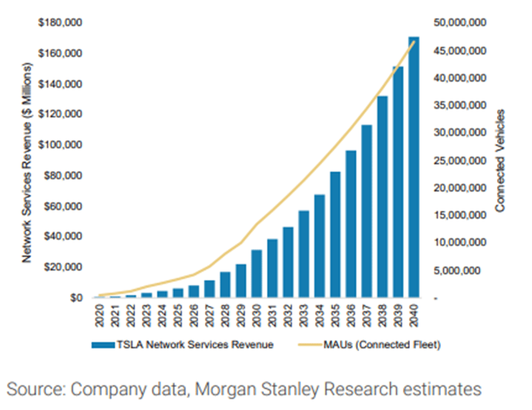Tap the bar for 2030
257,274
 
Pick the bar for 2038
382,197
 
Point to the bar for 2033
304,254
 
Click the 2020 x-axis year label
99,315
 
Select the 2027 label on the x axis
209,315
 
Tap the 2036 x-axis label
351,315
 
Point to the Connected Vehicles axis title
500,160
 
